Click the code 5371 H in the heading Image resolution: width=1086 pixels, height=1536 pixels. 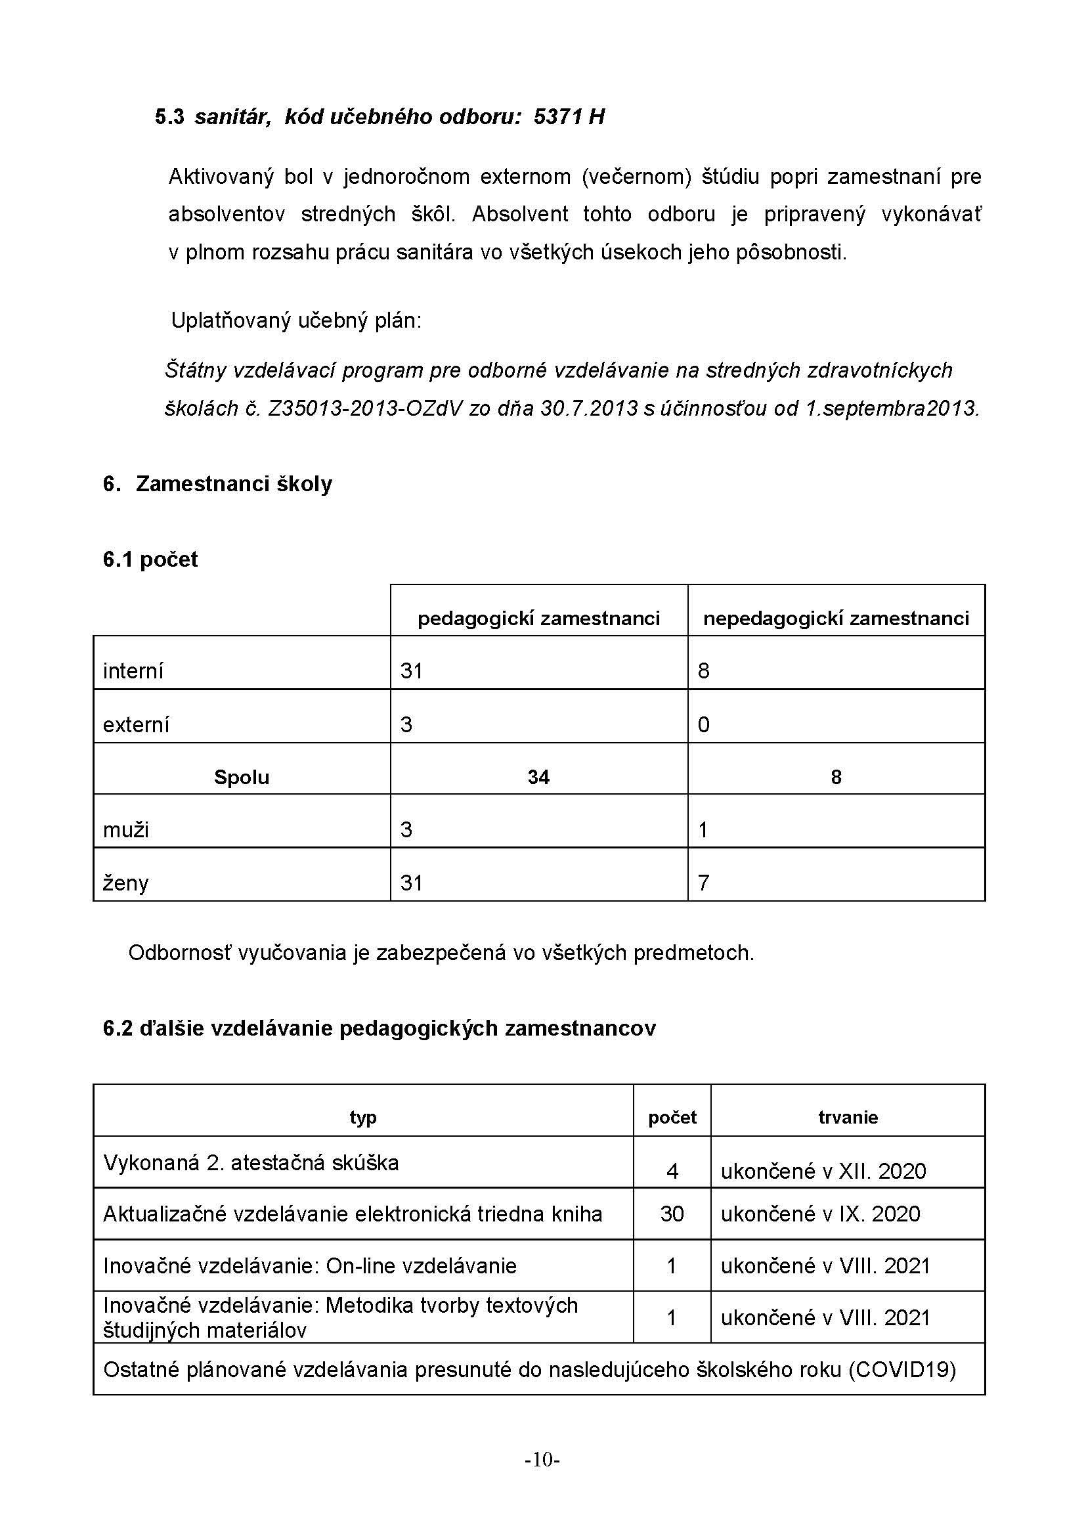coord(569,117)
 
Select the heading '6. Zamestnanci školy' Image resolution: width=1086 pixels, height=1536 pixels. coord(217,484)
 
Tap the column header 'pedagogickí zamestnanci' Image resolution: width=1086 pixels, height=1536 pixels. coord(538,618)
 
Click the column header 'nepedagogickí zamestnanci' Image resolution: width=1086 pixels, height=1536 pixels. coord(836,618)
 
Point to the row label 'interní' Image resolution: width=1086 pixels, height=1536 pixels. coord(133,671)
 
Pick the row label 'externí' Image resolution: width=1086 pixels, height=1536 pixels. coord(136,724)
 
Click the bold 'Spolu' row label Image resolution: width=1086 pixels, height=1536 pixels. coord(242,777)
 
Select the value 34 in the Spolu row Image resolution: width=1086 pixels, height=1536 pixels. coord(538,777)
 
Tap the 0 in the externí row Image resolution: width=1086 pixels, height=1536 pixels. coord(703,724)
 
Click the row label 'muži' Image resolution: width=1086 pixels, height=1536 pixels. coord(125,829)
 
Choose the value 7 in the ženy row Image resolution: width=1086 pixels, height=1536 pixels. coord(703,883)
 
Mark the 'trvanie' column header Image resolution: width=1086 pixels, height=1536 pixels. coord(848,1117)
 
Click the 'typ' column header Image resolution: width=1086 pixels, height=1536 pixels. coord(363,1117)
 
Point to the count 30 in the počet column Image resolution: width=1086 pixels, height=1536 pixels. coord(672,1214)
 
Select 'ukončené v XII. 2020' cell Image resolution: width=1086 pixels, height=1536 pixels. coord(823,1171)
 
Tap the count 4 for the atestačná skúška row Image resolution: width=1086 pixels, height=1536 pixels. coord(672,1171)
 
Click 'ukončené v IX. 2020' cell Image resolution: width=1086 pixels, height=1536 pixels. coord(821,1214)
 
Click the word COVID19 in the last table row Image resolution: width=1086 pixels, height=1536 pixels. coord(902,1369)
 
